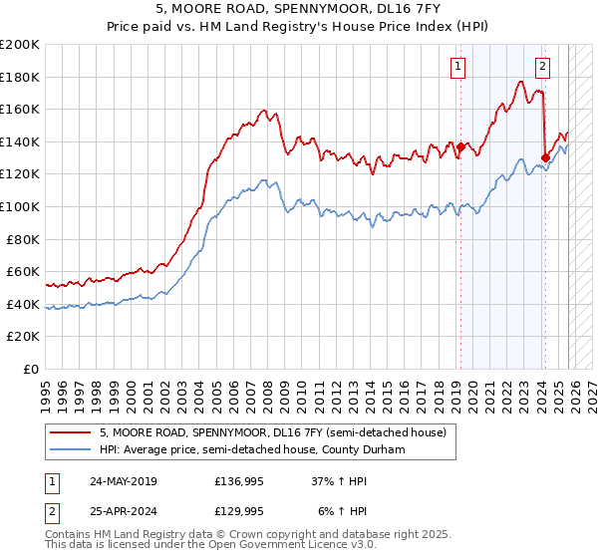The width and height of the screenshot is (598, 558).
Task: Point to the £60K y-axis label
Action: [x=23, y=271]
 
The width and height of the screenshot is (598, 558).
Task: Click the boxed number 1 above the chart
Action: [x=457, y=67]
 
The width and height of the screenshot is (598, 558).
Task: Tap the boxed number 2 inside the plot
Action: [x=542, y=67]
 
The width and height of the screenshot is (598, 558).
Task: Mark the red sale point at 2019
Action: [x=461, y=146]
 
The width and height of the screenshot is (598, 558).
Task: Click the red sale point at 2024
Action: [x=545, y=157]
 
